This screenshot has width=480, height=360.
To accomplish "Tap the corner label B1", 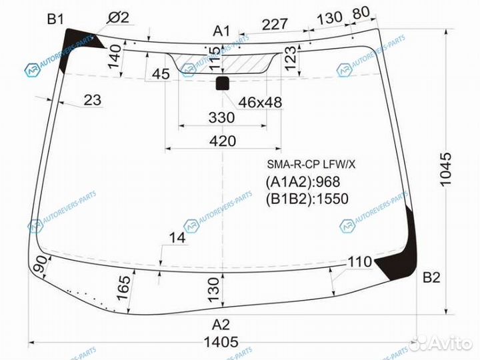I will [55, 19].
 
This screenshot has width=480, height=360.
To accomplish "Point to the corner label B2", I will [431, 278].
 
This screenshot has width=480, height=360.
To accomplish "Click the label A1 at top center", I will [221, 31].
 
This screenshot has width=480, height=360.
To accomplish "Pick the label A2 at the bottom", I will [221, 325].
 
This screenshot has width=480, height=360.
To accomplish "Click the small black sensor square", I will [222, 83].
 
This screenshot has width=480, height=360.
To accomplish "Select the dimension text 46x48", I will [260, 102].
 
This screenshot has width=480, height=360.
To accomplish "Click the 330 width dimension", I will [221, 118].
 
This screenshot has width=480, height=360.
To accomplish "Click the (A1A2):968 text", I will [303, 181].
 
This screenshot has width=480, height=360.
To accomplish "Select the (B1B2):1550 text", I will [307, 198].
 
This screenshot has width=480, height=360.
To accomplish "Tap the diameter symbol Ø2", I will [118, 17].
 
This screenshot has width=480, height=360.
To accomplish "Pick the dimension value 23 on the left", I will [93, 101].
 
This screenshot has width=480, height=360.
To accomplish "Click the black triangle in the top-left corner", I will [79, 41].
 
